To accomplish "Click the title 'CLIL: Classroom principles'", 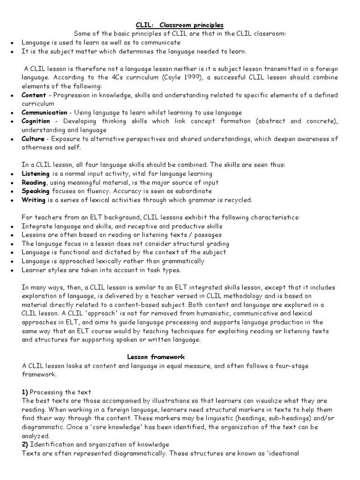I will (x=180, y=25).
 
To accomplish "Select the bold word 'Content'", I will (x=33, y=95).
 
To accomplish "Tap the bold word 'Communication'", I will (x=44, y=112).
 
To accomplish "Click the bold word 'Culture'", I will (x=33, y=139).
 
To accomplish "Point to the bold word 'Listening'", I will (x=35, y=174).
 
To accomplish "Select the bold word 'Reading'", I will (x=34, y=182).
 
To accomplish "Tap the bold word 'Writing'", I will (x=33, y=200).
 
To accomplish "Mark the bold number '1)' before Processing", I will (x=26, y=392).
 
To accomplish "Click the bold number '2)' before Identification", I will (x=26, y=444).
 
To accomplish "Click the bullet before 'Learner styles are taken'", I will (x=11, y=270).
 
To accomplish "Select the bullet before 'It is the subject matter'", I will (x=11, y=52).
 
